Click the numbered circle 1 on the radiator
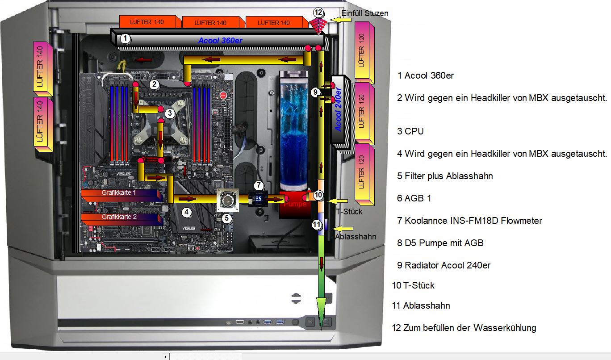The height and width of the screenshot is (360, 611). tap(126, 39)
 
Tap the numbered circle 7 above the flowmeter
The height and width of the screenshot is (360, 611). tap(259, 185)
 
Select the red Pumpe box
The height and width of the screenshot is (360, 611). tap(295, 205)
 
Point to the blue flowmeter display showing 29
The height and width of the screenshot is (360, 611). tap(258, 198)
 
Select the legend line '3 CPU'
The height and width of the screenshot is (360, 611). tap(410, 131)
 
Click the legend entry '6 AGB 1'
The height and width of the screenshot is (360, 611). tap(414, 198)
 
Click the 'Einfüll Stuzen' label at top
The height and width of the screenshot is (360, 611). tap(364, 13)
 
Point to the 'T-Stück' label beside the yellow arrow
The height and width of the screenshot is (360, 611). tap(349, 211)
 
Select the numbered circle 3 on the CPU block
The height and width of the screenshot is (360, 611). tap(169, 113)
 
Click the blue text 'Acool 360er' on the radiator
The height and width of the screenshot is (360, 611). tap(221, 41)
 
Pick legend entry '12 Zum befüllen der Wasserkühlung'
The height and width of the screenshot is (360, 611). tap(464, 328)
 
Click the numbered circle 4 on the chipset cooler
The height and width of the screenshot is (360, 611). tap(187, 213)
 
